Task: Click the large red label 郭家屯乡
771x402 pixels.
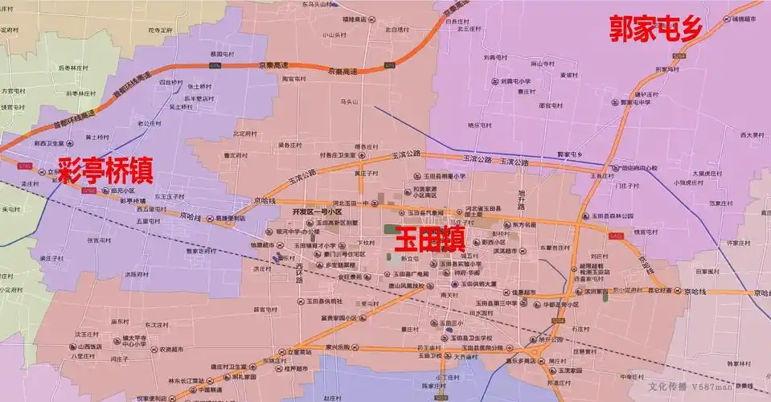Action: (656, 29)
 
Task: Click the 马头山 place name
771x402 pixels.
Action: (348, 102)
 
